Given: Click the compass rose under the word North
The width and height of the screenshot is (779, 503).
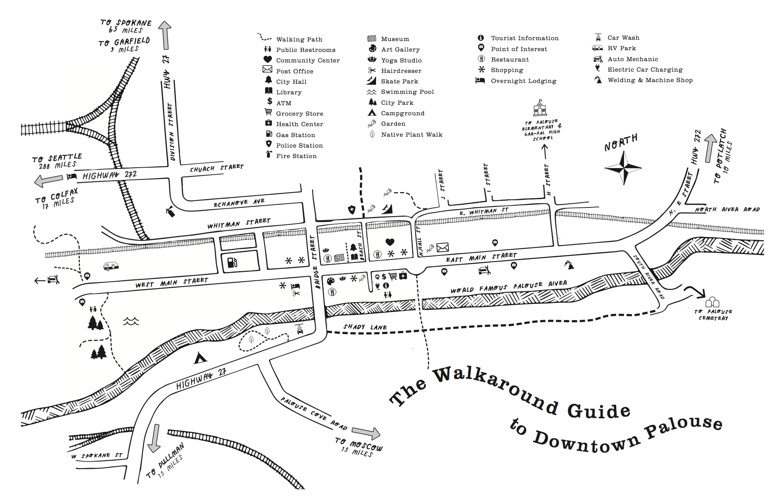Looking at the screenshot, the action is point(624,167).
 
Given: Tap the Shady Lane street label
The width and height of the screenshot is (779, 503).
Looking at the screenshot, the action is point(365,327).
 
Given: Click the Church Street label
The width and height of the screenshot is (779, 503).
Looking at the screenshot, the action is point(217,168).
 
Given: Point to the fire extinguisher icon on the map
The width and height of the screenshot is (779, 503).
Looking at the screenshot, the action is point(171,212).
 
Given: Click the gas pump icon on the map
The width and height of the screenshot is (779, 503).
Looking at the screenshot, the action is point(232,262).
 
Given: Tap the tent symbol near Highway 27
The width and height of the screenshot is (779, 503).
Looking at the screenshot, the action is point(200,358).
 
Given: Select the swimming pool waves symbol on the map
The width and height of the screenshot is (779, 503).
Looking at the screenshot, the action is point(131,322).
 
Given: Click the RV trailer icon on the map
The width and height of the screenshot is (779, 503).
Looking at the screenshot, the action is point(111,265).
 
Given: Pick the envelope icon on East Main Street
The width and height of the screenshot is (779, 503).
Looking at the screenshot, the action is point(442,248).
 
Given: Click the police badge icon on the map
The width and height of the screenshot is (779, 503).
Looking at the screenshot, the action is point(352,210).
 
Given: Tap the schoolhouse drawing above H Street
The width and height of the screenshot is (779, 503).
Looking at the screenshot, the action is point(540,108).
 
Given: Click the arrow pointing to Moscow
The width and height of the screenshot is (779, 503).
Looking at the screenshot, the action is point(366,433).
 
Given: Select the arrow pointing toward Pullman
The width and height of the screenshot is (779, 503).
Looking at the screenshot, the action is point(155,438).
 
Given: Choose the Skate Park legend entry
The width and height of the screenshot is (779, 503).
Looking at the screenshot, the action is point(393,81).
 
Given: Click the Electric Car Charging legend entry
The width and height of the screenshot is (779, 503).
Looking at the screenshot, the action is point(639,69).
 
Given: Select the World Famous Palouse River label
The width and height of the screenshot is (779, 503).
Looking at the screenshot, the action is point(509,287).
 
